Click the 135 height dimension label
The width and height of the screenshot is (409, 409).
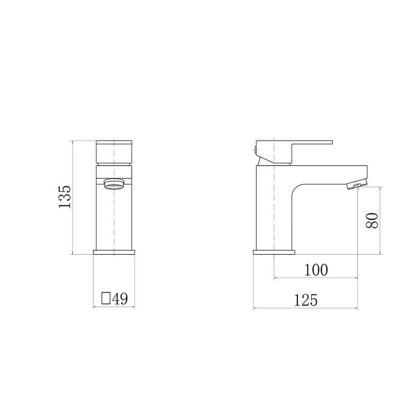point(65,197)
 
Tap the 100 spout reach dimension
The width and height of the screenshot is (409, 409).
point(316,270)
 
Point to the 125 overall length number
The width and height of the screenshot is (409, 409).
point(306,301)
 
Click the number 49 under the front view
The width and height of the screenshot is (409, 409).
point(120,299)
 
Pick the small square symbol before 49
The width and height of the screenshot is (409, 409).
point(106,299)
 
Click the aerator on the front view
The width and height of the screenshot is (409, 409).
point(114,185)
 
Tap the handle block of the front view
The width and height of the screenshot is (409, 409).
point(114,152)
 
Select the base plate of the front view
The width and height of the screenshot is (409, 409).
point(114,252)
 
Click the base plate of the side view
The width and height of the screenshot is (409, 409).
point(273,252)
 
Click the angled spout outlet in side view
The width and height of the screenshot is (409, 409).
point(357,184)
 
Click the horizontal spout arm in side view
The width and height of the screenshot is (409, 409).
point(327,172)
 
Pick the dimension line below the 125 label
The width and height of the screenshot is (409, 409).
point(306,309)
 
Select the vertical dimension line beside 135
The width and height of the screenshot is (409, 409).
point(72,197)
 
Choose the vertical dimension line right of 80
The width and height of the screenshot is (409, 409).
point(380,220)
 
